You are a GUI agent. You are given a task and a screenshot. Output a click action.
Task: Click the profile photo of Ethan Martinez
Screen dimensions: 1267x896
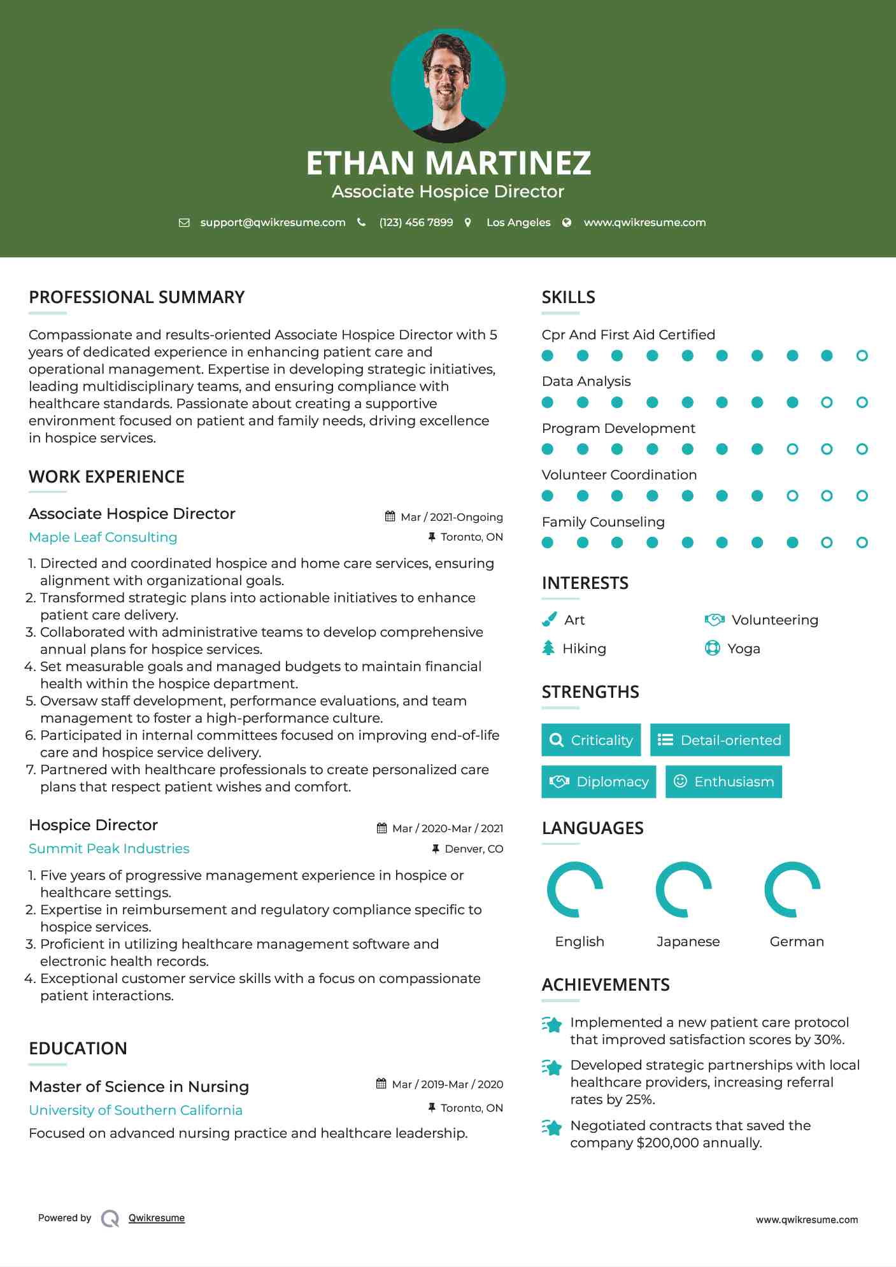[x=448, y=85]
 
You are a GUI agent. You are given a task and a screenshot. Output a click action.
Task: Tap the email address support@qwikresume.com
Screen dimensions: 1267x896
[x=273, y=222]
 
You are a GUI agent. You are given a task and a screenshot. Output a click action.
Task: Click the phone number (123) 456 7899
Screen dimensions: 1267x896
[x=416, y=222]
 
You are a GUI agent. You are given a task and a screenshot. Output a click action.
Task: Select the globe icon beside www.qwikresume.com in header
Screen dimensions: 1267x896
[x=567, y=222]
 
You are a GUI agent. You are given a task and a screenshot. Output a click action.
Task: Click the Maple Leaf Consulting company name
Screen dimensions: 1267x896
[x=103, y=537]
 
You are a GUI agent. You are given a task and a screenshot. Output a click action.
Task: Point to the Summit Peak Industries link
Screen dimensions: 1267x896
[x=109, y=848]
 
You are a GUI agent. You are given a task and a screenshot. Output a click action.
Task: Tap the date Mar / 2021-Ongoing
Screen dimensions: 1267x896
[x=451, y=517]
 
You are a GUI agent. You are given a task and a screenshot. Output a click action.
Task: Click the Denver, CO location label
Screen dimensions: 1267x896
[x=473, y=849]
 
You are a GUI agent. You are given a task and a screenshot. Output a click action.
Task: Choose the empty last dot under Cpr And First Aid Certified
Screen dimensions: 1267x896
[x=862, y=356]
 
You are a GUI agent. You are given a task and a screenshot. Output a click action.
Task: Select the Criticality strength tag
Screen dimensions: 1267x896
[x=591, y=740]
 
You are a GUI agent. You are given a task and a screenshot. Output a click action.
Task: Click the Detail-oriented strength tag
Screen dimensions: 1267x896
[x=720, y=740]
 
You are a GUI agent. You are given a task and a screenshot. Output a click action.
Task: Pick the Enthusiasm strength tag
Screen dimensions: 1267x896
[x=723, y=781]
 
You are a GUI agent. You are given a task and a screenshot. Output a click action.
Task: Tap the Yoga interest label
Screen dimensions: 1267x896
[x=744, y=648]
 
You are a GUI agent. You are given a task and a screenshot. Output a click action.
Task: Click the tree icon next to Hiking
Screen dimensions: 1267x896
[x=548, y=648]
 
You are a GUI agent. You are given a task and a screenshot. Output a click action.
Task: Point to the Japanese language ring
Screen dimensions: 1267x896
[x=684, y=889]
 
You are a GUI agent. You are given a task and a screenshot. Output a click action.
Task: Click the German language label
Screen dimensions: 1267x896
[x=797, y=941]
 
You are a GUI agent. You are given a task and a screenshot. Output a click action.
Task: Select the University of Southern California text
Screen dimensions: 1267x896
[x=136, y=1110]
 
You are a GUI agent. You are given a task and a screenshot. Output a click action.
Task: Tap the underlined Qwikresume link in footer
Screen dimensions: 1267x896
[x=157, y=1217]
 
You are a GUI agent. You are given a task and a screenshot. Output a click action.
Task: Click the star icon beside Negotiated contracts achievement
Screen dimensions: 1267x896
[x=551, y=1128]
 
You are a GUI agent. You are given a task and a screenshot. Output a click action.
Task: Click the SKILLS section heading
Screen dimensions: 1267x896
[x=568, y=297]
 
